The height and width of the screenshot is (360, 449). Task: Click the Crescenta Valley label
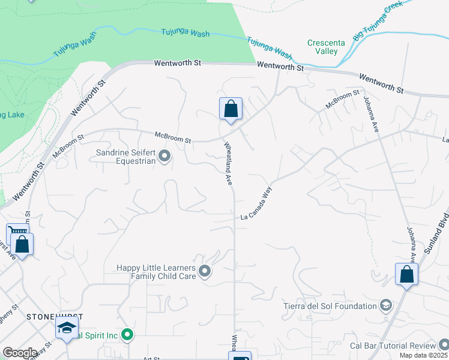pyautogui.click(x=322, y=47)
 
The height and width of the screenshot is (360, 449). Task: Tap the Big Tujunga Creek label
pyautogui.click(x=378, y=21)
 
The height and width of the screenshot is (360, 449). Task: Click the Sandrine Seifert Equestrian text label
pyautogui.click(x=126, y=157)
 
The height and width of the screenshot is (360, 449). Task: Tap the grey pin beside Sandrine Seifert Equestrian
pyautogui.click(x=165, y=157)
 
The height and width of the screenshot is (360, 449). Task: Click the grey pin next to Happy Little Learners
pyautogui.click(x=205, y=272)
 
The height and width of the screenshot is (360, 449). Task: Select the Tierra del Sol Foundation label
pyautogui.click(x=330, y=306)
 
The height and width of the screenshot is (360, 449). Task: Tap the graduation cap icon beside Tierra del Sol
pyautogui.click(x=386, y=306)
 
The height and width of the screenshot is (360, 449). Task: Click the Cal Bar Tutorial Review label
pyautogui.click(x=392, y=346)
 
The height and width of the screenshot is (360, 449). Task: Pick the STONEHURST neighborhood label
pyautogui.click(x=54, y=316)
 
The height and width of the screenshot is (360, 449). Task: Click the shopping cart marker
pyautogui.click(x=17, y=232)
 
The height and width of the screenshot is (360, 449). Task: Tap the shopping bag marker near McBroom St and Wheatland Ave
pyautogui.click(x=231, y=109)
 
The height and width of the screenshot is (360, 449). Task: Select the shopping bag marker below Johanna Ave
pyautogui.click(x=407, y=274)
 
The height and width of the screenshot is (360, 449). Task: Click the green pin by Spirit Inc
pyautogui.click(x=127, y=335)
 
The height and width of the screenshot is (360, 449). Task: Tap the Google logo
pyautogui.click(x=20, y=353)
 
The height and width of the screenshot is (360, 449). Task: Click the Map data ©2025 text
pyautogui.click(x=424, y=355)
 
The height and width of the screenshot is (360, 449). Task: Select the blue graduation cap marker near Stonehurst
pyautogui.click(x=67, y=328)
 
